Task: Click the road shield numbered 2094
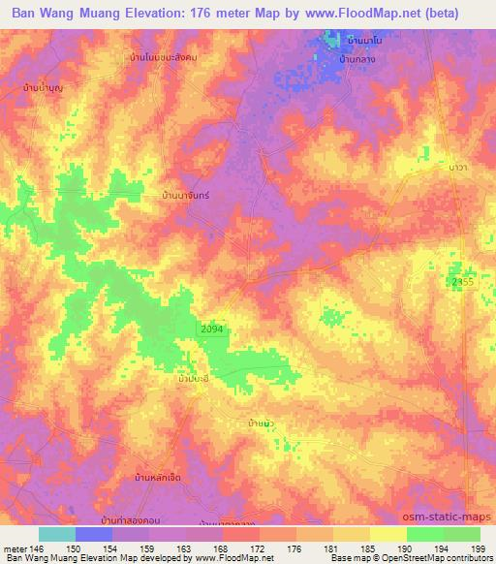click(x=212, y=330)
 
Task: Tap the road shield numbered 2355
click(x=462, y=281)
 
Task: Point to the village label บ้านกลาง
click(x=357, y=59)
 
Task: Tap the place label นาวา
click(x=431, y=168)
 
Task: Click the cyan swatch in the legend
click(x=57, y=534)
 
